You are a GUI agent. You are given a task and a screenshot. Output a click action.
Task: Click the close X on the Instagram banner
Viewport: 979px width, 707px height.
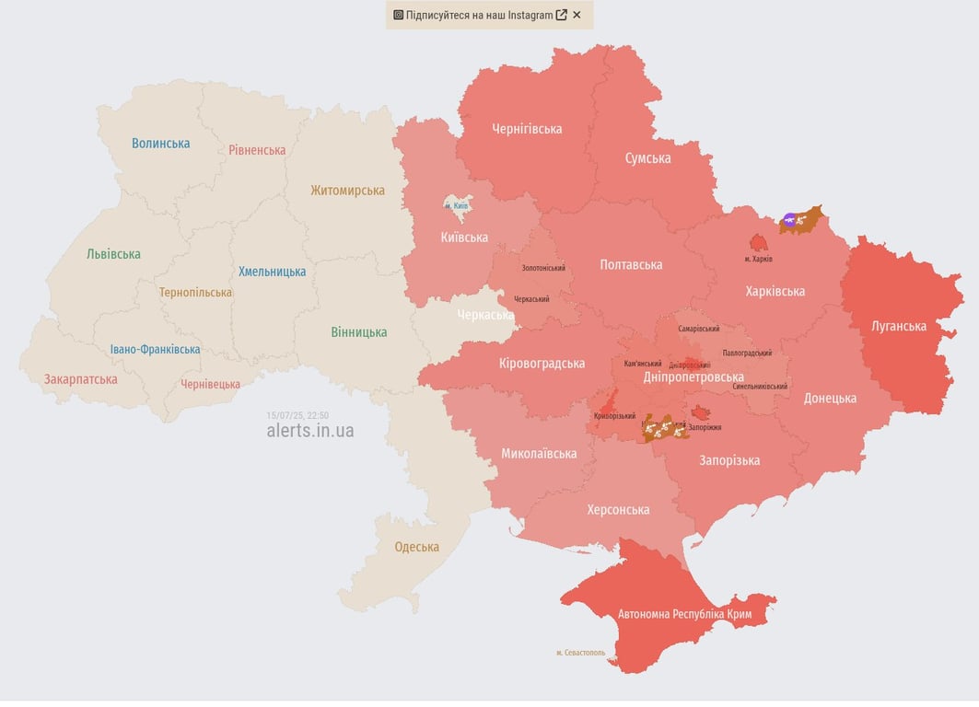tap(577, 15)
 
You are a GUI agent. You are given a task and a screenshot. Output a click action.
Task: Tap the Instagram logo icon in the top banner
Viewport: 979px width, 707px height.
tap(398, 15)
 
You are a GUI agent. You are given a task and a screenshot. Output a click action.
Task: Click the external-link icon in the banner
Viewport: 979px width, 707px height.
tap(561, 15)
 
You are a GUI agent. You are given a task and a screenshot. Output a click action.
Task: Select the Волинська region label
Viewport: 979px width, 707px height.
tap(160, 143)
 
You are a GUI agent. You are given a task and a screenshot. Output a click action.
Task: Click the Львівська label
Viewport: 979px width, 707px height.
tap(113, 254)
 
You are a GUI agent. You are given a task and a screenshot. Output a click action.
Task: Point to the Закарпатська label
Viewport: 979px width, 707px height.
tap(81, 379)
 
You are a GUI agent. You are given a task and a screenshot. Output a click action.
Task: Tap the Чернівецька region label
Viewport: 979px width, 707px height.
tap(210, 384)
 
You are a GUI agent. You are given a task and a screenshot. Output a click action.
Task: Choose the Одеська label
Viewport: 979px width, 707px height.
tap(416, 547)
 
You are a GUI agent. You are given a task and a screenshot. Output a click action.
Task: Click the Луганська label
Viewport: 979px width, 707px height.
tap(899, 326)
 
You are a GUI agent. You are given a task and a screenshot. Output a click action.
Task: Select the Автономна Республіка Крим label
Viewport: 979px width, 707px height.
tap(684, 614)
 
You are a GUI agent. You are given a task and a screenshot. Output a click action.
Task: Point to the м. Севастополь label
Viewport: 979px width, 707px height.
tap(580, 653)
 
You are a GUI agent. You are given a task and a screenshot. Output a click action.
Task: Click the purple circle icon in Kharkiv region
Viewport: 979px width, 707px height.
tap(789, 220)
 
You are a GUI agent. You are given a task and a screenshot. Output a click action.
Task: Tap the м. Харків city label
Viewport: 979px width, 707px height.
tap(758, 259)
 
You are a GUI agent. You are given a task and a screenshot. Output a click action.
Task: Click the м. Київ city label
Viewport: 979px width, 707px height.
tap(456, 205)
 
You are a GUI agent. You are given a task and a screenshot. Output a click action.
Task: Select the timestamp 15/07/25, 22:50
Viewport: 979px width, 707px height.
tap(297, 415)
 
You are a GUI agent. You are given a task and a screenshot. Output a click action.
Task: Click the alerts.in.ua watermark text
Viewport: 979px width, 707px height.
tap(309, 431)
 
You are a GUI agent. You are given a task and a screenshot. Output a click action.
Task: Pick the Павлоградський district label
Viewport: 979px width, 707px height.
tap(747, 353)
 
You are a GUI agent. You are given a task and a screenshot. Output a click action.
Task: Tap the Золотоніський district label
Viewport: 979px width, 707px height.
tap(543, 268)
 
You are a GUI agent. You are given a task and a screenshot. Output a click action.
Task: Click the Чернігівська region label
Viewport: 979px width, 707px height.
tap(527, 129)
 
